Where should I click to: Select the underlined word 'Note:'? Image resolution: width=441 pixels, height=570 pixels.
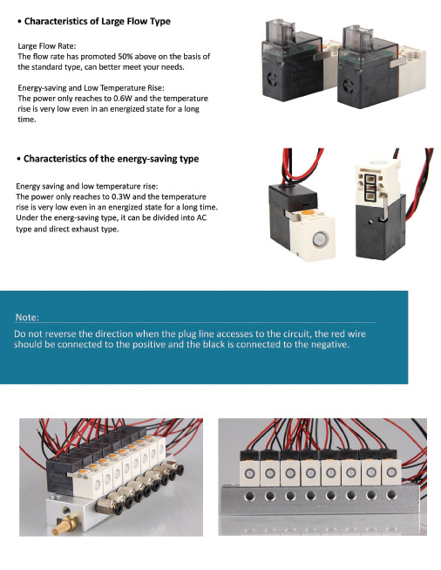point(27,316)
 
